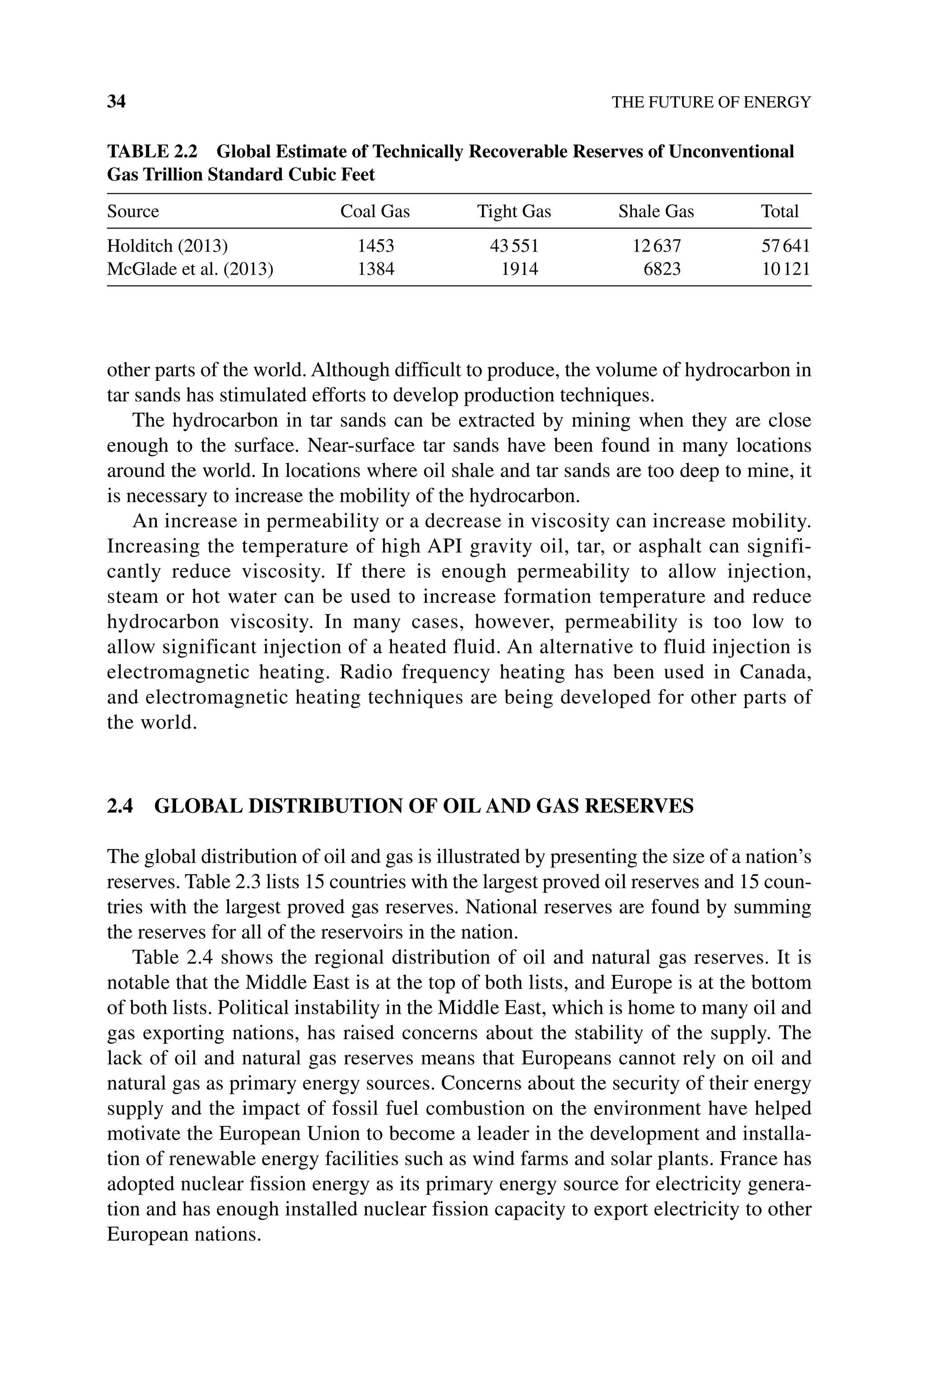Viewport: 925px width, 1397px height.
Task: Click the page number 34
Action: tap(116, 102)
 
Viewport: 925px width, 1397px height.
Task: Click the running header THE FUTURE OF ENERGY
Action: tap(711, 103)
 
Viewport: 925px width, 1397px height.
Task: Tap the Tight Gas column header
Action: tap(514, 211)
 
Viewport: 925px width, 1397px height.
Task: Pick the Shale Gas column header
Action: tap(656, 211)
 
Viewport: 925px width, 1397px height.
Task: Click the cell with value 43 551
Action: tap(514, 245)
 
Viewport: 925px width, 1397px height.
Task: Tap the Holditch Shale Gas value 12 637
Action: tap(657, 245)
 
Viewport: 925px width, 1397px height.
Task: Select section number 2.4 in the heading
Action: tap(120, 806)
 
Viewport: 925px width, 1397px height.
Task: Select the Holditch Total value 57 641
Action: tap(786, 245)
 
